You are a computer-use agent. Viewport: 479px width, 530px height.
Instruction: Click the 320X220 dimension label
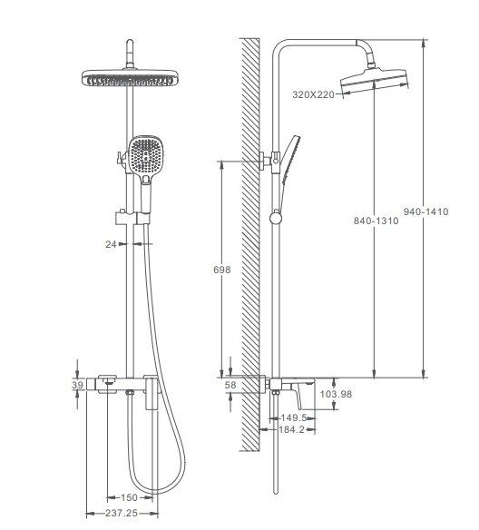[313, 94]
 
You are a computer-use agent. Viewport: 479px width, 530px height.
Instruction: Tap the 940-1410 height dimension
[426, 211]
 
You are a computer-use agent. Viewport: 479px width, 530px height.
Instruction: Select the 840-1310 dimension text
[376, 221]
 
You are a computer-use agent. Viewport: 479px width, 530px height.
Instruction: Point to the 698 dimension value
[222, 270]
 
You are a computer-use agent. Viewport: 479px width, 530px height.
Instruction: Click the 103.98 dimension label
[336, 394]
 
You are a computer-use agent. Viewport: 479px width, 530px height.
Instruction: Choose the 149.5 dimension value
[294, 417]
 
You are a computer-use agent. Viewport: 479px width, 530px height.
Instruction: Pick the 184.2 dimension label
[291, 429]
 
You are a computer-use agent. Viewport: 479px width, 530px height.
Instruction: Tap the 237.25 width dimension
[122, 513]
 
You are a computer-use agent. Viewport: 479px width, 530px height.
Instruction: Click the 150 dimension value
[129, 497]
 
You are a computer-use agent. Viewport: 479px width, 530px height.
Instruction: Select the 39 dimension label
[77, 385]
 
